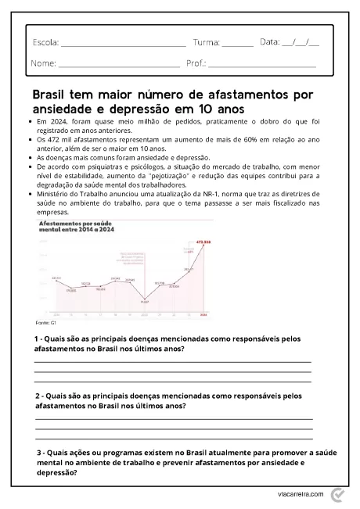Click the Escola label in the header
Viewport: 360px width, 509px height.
pos(45,42)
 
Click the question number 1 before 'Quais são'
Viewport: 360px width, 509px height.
pos(37,339)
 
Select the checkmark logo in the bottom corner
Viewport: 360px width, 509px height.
pos(337,495)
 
